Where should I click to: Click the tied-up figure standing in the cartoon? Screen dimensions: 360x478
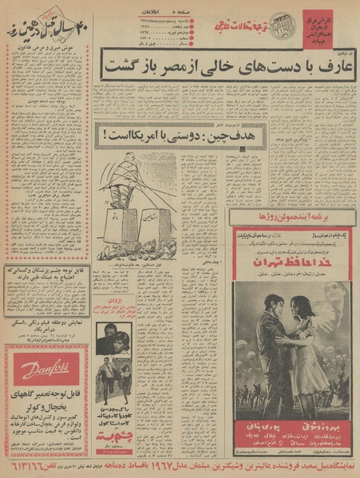point(121,182)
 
